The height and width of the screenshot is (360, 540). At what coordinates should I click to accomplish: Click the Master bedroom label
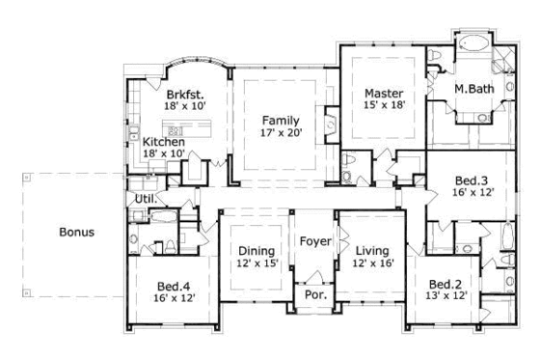[x=383, y=94]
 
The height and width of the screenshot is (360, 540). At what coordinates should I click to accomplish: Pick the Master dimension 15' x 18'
[x=383, y=107]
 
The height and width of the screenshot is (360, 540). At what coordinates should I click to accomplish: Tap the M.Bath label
[x=474, y=90]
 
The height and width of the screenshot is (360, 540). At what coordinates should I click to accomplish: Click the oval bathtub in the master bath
[x=473, y=43]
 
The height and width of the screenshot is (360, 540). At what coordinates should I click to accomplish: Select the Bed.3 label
[x=470, y=179]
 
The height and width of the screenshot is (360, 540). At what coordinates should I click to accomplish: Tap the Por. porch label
[x=314, y=293]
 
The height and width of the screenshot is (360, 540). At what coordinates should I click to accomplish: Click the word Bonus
[x=76, y=233]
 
